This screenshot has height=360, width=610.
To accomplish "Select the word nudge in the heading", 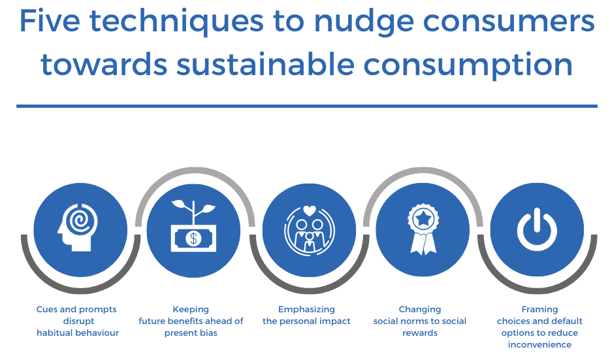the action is (364, 23).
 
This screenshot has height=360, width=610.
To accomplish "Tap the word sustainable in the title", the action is (265, 64).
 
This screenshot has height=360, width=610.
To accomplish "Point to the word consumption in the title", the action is (468, 66).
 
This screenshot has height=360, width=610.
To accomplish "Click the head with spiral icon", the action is (78, 227).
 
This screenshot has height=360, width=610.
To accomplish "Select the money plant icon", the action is (193, 225).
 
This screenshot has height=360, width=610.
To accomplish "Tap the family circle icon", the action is (310, 231).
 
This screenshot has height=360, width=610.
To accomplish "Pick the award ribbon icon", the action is (423, 229).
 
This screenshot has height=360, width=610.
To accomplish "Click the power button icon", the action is (537, 229).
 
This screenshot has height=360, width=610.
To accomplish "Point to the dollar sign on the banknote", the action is (193, 238).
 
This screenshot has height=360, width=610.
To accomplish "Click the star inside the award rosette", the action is (423, 218).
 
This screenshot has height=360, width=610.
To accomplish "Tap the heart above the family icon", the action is (310, 210).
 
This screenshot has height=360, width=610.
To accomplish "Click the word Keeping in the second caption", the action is (191, 310).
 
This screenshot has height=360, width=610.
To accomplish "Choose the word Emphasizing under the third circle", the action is (306, 310).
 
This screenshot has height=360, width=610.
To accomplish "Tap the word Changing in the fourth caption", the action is (420, 310).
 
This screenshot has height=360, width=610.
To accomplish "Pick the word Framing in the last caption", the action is (539, 310).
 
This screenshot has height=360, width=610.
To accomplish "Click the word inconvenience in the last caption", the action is (539, 344).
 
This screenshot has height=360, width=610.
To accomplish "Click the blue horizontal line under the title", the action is (306, 106).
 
